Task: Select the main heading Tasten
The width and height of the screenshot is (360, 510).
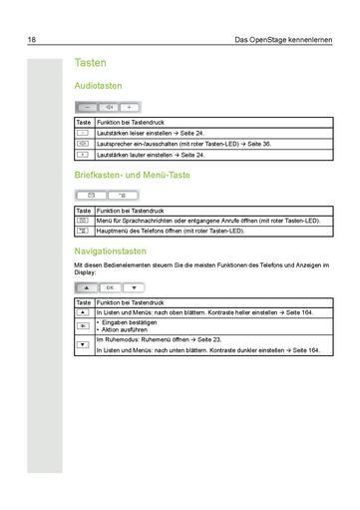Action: coord(92,63)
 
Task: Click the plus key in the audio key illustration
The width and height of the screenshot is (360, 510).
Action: coord(130,106)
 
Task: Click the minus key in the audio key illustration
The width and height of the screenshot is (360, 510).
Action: coord(86,106)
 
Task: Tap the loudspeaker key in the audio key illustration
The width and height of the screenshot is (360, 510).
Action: coord(108,106)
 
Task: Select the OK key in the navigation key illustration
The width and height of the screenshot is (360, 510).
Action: coord(110,286)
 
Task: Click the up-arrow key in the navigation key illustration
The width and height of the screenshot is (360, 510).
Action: coord(87,286)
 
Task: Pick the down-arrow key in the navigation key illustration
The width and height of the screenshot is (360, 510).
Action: coord(131,286)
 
